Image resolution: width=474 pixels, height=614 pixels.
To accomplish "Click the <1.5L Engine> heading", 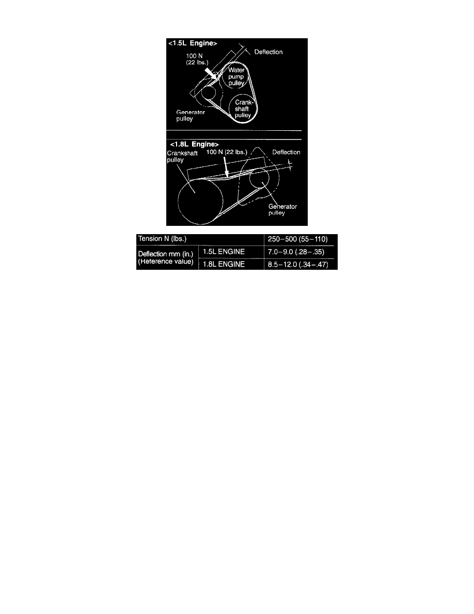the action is coord(193,43).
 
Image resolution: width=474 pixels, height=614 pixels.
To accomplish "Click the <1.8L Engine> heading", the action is coord(194,144).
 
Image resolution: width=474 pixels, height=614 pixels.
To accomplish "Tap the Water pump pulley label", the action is coord(236,76).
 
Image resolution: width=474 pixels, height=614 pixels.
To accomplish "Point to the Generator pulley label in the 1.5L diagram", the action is coord(191,116).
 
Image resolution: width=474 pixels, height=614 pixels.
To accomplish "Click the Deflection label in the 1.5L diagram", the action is coord(268,52).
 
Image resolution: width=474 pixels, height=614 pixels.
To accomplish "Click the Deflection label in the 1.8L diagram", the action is coord(286,152).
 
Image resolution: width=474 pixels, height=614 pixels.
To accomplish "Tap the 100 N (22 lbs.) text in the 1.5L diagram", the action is coord(197,59).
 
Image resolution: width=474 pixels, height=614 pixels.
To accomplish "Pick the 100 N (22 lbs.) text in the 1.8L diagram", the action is coord(227,152).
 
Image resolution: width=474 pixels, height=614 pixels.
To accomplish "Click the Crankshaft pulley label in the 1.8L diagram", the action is coord(182,157).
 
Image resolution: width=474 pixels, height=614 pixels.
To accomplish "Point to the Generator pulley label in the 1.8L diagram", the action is coord(283,209).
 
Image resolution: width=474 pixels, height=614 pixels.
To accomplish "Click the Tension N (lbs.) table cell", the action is coord(162,238).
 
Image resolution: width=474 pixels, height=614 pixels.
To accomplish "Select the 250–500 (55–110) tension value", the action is coord(297,239).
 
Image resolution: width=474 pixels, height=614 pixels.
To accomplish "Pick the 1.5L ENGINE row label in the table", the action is coord(224,251).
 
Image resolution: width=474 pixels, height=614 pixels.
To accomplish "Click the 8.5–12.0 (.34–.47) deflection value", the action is coord(298,264).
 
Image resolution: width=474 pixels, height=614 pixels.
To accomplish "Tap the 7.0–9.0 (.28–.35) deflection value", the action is coord(296,252).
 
